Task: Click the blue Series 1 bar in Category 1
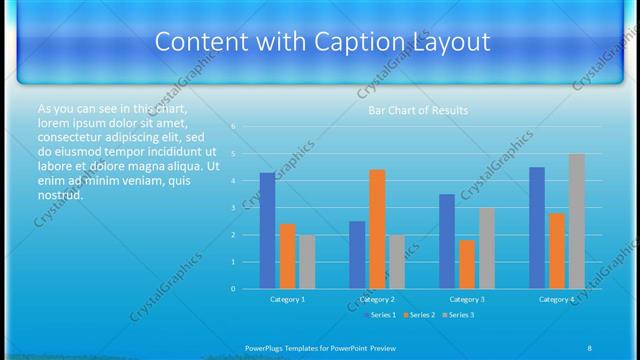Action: click(x=267, y=231)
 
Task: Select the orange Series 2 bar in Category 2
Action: click(x=377, y=229)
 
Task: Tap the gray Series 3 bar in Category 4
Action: click(x=577, y=221)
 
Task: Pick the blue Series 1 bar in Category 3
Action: click(x=447, y=241)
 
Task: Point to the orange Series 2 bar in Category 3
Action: click(x=467, y=264)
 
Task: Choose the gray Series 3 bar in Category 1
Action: click(x=307, y=262)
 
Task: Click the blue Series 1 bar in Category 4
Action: click(x=537, y=228)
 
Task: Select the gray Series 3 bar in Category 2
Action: click(x=397, y=262)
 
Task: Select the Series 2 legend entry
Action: click(x=418, y=315)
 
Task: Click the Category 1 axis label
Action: click(x=288, y=299)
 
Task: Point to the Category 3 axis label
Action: click(x=467, y=299)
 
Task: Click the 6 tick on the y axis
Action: click(x=233, y=127)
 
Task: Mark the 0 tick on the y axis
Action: click(x=233, y=289)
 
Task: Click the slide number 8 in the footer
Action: click(x=589, y=347)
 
